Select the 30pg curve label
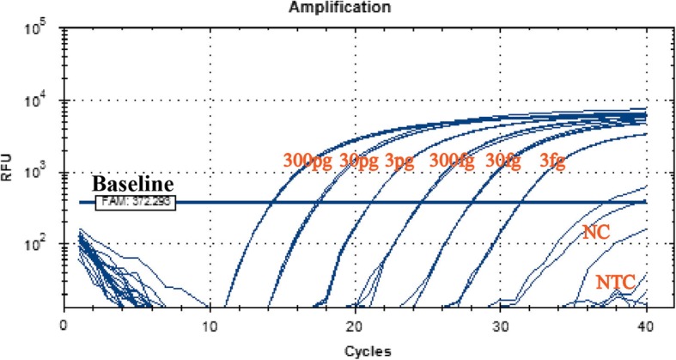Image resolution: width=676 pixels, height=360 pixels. (x=361, y=161)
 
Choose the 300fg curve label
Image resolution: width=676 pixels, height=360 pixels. (x=454, y=161)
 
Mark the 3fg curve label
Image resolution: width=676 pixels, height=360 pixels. (x=552, y=161)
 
